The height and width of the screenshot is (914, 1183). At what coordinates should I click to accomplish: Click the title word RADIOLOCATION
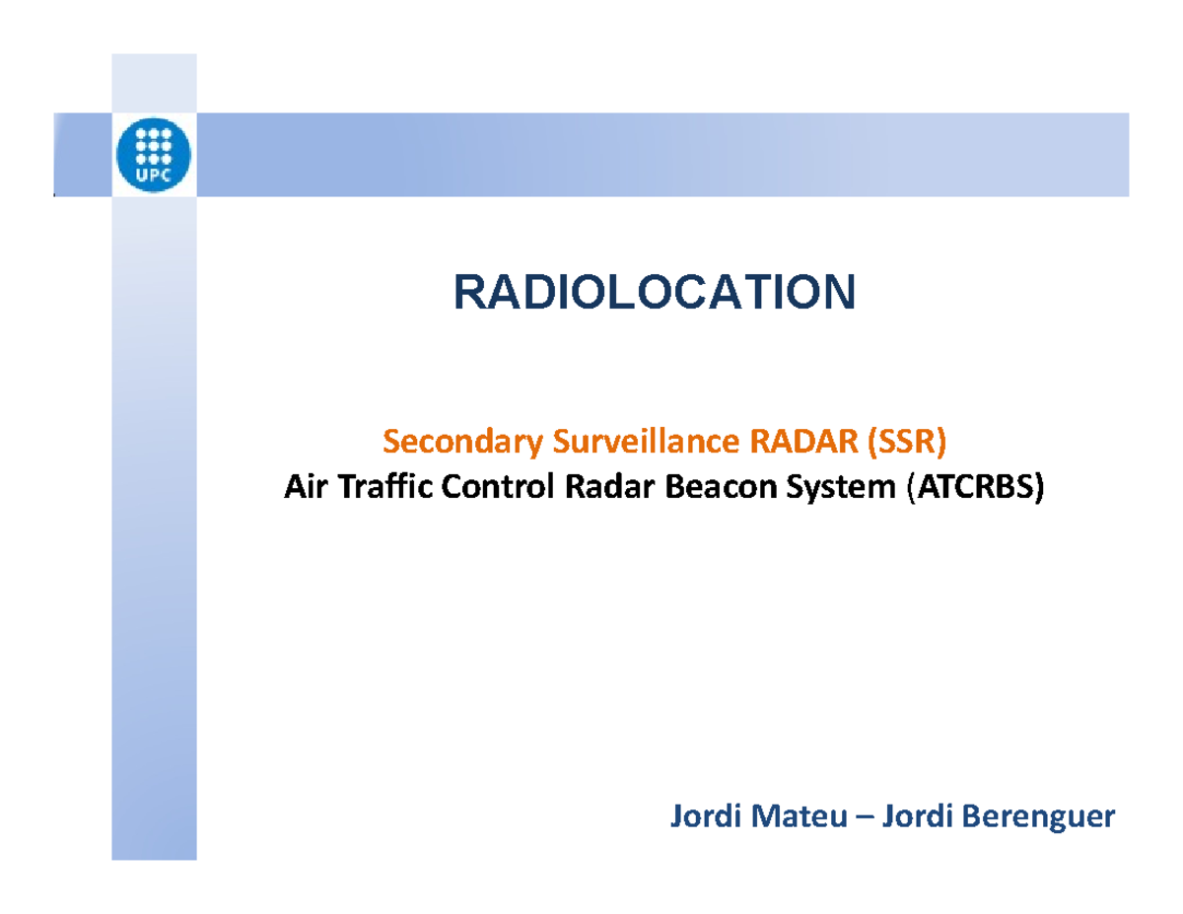(654, 292)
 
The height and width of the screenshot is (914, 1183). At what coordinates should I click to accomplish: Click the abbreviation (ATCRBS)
(972, 487)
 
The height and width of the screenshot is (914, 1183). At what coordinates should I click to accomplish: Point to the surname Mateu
(788, 816)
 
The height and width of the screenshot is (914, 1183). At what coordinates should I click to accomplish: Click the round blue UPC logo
(156, 156)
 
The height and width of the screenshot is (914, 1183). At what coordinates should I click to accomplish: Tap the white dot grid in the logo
(156, 145)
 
